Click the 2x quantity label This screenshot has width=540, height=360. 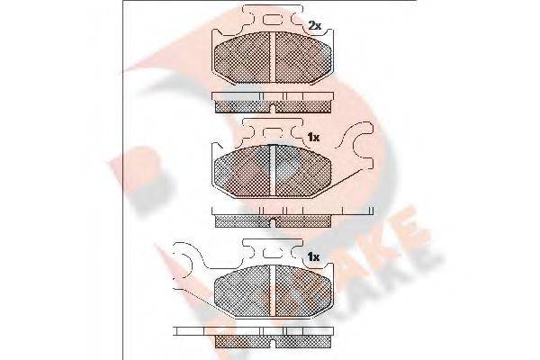[315, 24]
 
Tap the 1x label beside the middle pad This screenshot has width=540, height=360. [314, 138]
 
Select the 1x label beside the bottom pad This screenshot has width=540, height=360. [314, 258]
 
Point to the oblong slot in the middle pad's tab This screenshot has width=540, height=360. [272, 135]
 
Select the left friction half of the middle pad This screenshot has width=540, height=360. [243, 172]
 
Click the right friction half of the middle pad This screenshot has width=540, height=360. [301, 172]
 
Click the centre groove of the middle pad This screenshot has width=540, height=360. [272, 172]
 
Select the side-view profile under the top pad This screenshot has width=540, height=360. [272, 102]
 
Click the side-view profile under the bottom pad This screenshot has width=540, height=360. [272, 338]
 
